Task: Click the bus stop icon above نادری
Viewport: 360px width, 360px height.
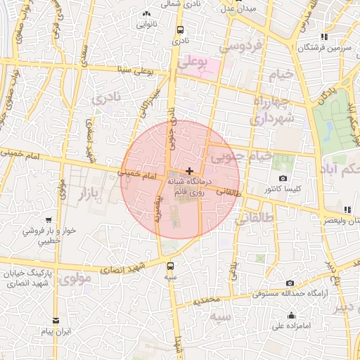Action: click(x=181, y=30)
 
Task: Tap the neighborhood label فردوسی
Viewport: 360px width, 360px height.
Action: click(x=240, y=46)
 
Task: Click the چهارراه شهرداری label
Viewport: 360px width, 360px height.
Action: click(x=266, y=110)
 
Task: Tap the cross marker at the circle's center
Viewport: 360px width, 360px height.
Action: click(x=188, y=170)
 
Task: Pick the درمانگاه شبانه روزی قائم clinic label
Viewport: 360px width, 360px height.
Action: click(x=188, y=186)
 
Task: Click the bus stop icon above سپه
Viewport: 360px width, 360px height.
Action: click(x=170, y=265)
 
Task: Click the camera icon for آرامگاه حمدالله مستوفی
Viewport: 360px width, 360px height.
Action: click(x=290, y=283)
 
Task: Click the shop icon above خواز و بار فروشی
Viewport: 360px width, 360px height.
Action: click(x=49, y=219)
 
